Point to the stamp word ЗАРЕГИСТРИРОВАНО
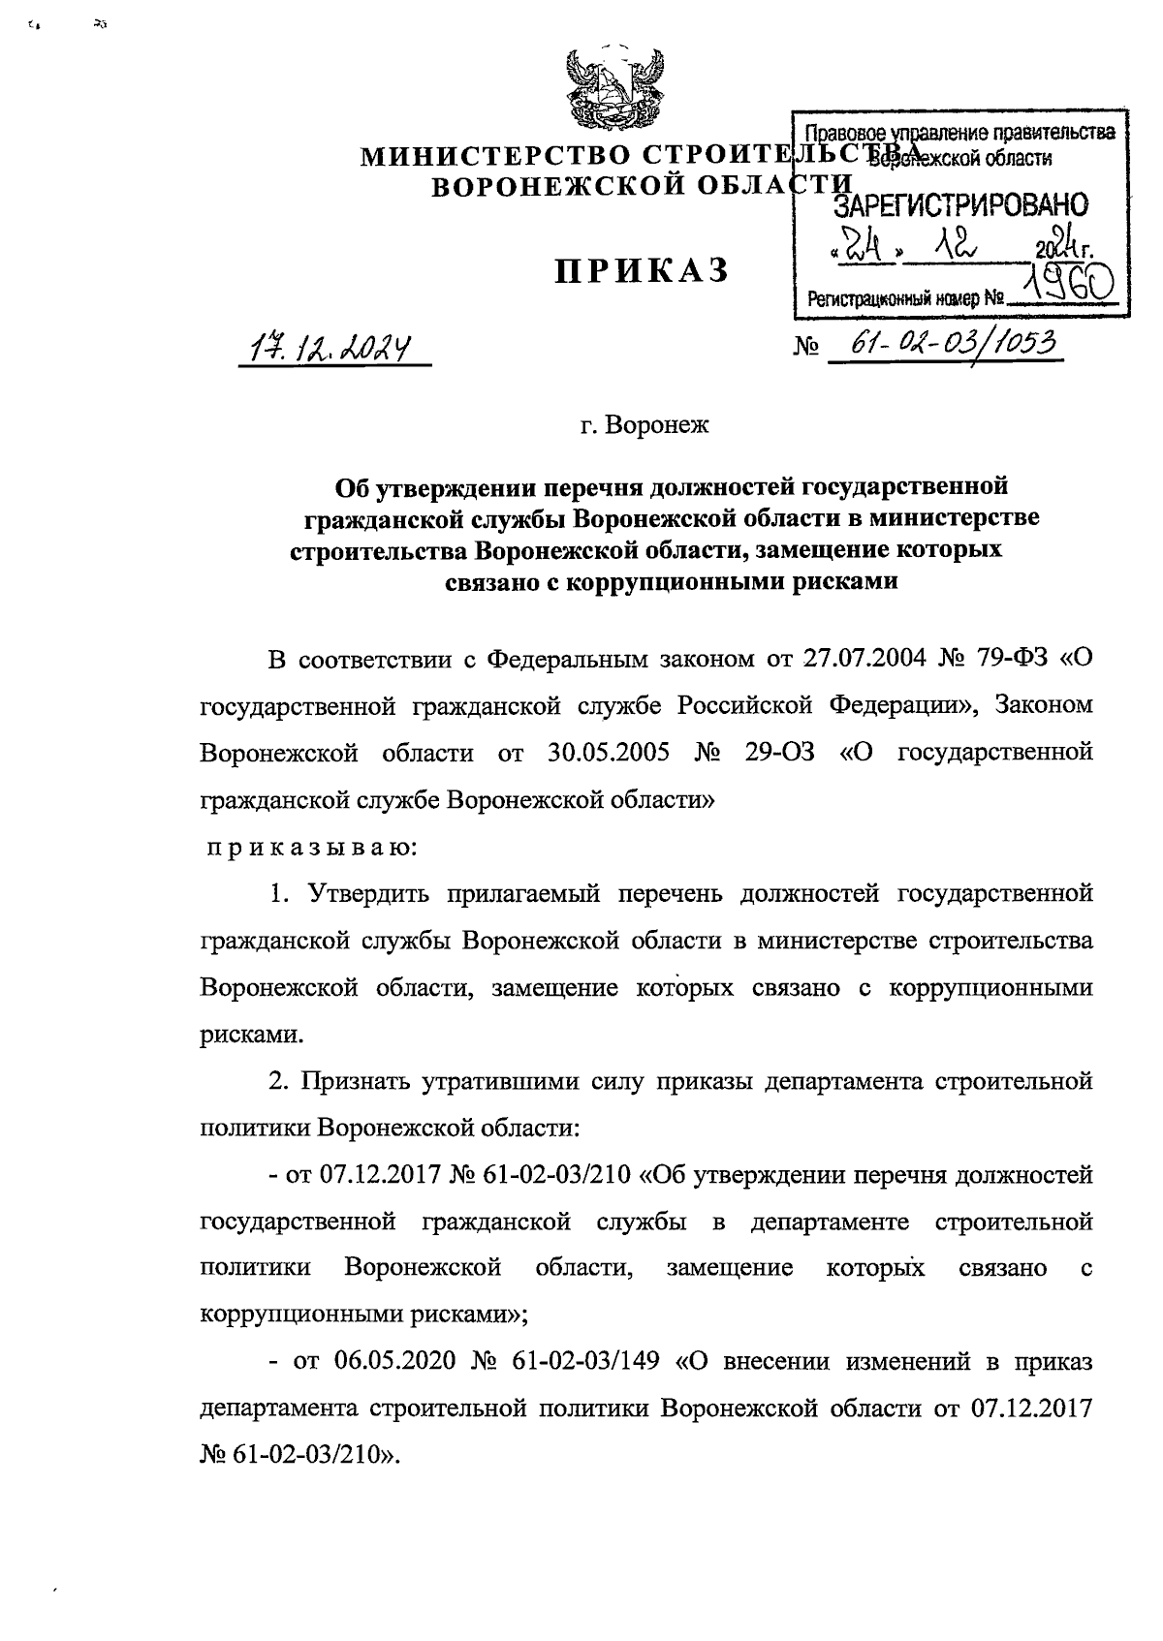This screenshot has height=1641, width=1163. pyautogui.click(x=960, y=204)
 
